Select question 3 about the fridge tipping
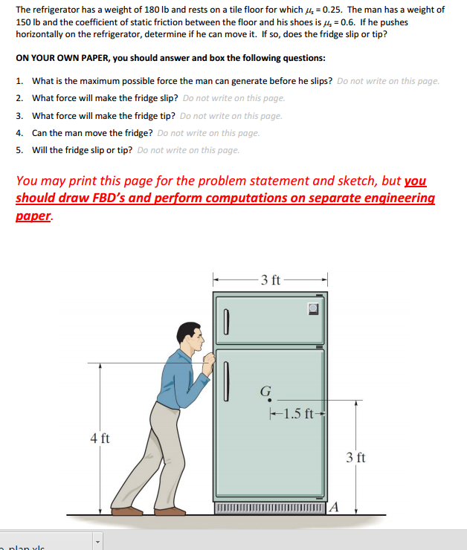pos(105,115)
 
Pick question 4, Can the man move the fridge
pos(92,133)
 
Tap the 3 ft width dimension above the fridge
pos(271,280)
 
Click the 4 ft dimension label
pos(100,438)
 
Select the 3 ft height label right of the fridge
pos(356,457)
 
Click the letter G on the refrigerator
pos(265,392)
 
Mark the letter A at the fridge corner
pos(333,508)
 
